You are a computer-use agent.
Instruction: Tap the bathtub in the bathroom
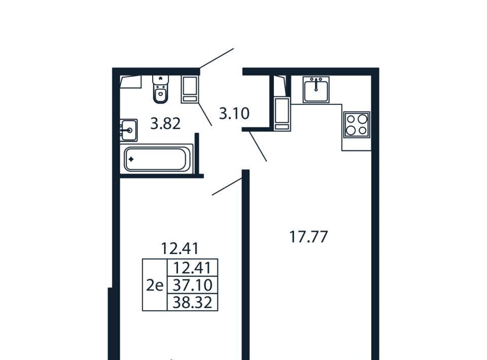pos(157,159)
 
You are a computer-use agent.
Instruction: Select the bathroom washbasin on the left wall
pos(129,130)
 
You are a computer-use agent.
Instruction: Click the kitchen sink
pos(316,89)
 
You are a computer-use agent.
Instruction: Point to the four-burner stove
pos(357,125)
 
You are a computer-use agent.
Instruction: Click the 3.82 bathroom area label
pos(165,124)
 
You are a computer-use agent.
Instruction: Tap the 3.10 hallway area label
pos(234,113)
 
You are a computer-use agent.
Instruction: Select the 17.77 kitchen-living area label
pos(308,237)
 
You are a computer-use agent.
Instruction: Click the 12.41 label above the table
pos(180,248)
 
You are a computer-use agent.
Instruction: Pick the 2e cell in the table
pos(155,285)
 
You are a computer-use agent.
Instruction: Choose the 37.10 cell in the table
pos(193,285)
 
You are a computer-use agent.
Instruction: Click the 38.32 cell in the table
pos(193,302)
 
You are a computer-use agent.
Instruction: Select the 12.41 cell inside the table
pos(193,268)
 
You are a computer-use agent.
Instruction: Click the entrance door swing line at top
pos(217,58)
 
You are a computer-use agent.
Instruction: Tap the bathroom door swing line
pos(205,114)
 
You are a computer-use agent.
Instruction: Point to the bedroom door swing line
pos(227,187)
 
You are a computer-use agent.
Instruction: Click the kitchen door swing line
pos(258,146)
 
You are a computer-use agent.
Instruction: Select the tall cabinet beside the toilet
pos(190,89)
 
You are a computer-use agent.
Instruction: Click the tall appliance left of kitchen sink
pos(282,114)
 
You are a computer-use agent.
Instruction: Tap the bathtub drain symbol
pos(131,159)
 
